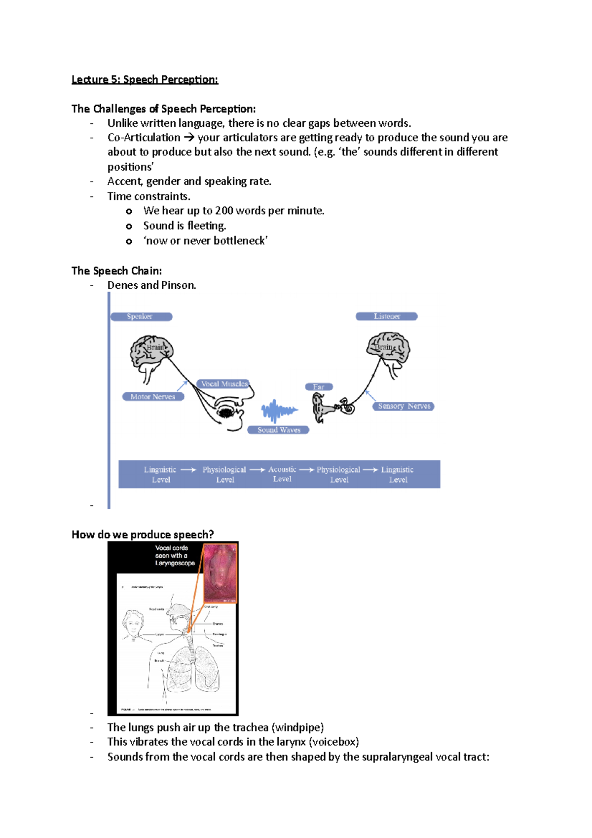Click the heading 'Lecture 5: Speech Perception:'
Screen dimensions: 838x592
click(x=145, y=79)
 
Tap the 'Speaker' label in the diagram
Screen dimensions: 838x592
click(x=141, y=316)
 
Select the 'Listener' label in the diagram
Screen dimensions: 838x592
click(x=387, y=316)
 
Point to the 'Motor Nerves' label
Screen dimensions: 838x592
click(x=153, y=397)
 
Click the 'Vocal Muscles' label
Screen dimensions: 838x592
click(x=224, y=384)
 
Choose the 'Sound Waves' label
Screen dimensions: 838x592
click(x=278, y=430)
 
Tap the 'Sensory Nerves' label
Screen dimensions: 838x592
click(x=404, y=406)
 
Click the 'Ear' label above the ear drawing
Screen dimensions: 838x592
click(x=319, y=387)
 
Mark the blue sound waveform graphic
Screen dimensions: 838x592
click(x=279, y=411)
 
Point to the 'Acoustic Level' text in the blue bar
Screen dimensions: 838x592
click(x=282, y=474)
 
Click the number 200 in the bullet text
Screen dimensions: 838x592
click(x=224, y=211)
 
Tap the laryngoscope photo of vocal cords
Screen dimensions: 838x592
click(x=221, y=573)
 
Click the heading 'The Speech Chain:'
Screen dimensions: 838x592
click(x=116, y=271)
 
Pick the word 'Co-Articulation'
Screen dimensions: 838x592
click(x=144, y=138)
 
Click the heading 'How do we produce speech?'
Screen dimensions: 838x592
click(x=143, y=534)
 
